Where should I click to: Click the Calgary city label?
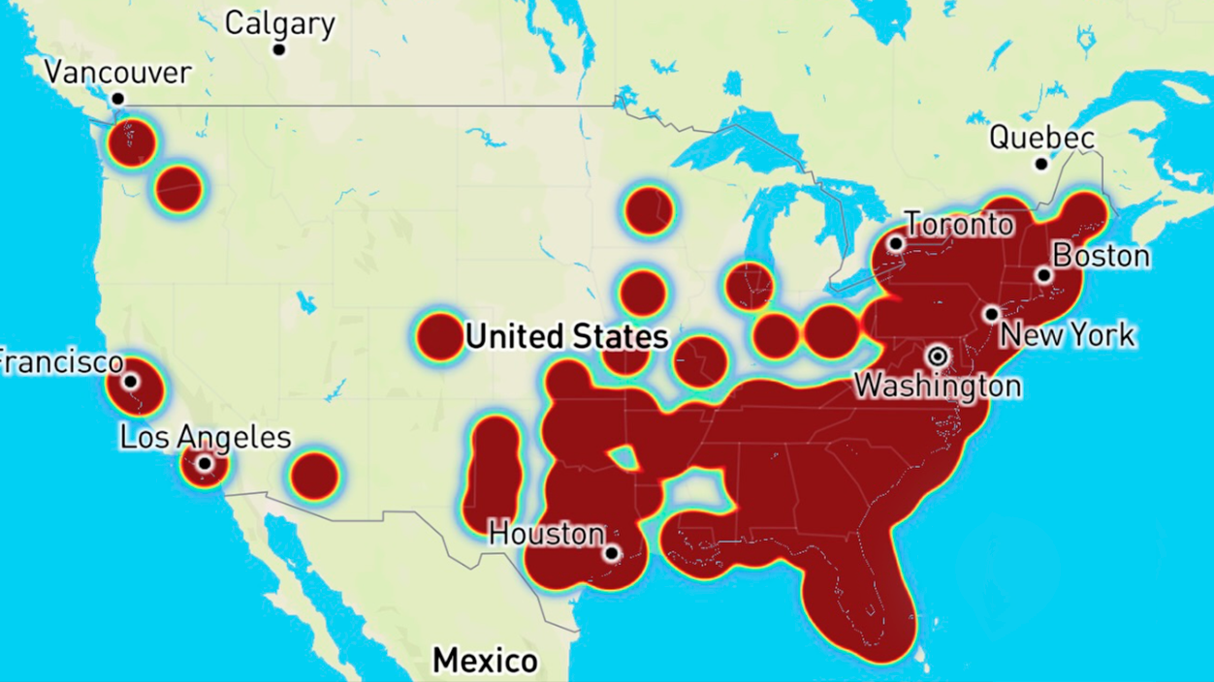280,23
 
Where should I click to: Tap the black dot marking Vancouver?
117,98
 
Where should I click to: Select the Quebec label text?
1041,139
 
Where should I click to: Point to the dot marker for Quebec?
1041,164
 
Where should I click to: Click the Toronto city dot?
897,244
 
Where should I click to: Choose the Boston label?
1101,257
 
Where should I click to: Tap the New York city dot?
991,315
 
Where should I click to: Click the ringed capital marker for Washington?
937,356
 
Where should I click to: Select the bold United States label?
566,336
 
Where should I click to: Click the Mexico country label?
485,661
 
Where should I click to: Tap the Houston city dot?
611,554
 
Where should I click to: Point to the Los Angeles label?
205,437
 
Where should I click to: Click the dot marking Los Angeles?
205,464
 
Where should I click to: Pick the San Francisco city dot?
130,382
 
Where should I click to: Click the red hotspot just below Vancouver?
132,143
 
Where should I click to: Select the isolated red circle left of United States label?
439,337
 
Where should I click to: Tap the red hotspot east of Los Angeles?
313,476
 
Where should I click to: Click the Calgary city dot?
279,49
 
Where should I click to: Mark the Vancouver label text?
118,73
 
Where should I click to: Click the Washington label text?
937,386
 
